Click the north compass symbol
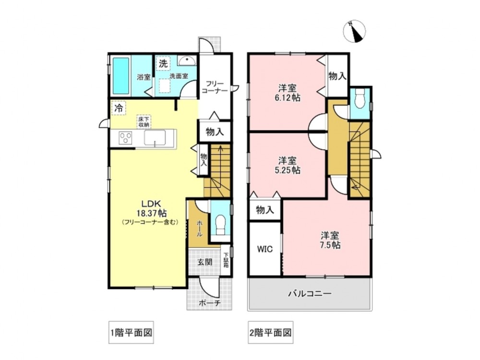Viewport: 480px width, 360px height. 355,31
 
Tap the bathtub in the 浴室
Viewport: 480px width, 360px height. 120,76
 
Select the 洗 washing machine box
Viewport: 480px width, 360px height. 163,63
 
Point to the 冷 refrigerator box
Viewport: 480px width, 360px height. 119,108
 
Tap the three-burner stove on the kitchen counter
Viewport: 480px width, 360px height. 125,137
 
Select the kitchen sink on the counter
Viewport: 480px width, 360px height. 155,137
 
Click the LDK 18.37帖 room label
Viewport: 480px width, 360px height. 149,208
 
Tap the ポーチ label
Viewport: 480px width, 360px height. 210,303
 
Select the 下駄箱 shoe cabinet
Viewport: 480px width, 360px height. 226,261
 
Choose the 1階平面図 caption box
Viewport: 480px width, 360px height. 131,333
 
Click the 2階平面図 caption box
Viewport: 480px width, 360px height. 271,333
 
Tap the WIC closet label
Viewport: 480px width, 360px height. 265,249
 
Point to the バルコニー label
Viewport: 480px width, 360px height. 310,294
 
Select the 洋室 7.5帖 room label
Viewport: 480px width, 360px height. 330,240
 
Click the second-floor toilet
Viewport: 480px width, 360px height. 360,98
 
